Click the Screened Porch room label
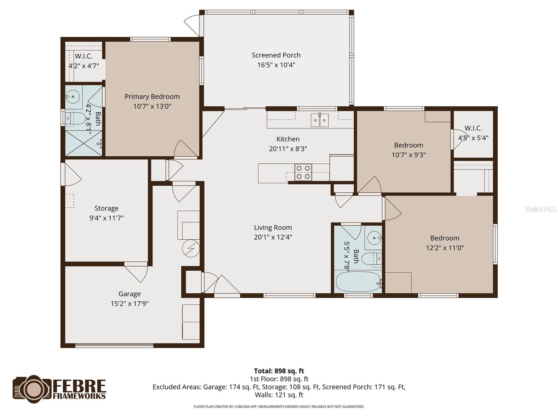[276, 55]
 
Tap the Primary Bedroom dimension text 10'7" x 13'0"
[152, 106]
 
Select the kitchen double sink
[319, 120]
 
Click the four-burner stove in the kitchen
[303, 172]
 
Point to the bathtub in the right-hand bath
[358, 282]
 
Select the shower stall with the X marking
[84, 143]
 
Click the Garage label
[129, 294]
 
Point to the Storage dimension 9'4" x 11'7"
[106, 218]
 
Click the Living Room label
[273, 227]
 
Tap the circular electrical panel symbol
[191, 248]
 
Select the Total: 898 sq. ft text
[279, 371]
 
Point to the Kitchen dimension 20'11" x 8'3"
[288, 149]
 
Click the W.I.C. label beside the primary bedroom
[84, 56]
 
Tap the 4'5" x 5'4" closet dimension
[473, 138]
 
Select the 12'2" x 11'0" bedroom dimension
[445, 248]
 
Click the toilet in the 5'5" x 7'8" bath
[370, 259]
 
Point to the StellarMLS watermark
[540, 209]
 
